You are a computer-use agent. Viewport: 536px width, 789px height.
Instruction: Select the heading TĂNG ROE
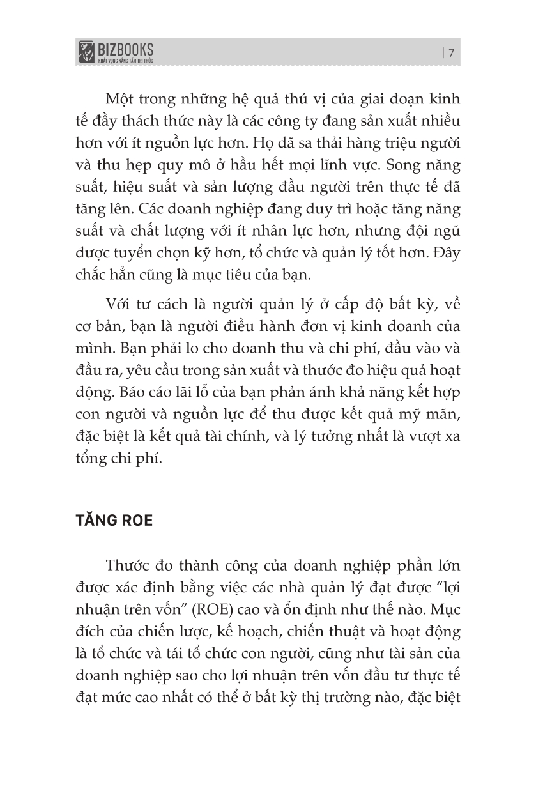(114, 520)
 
